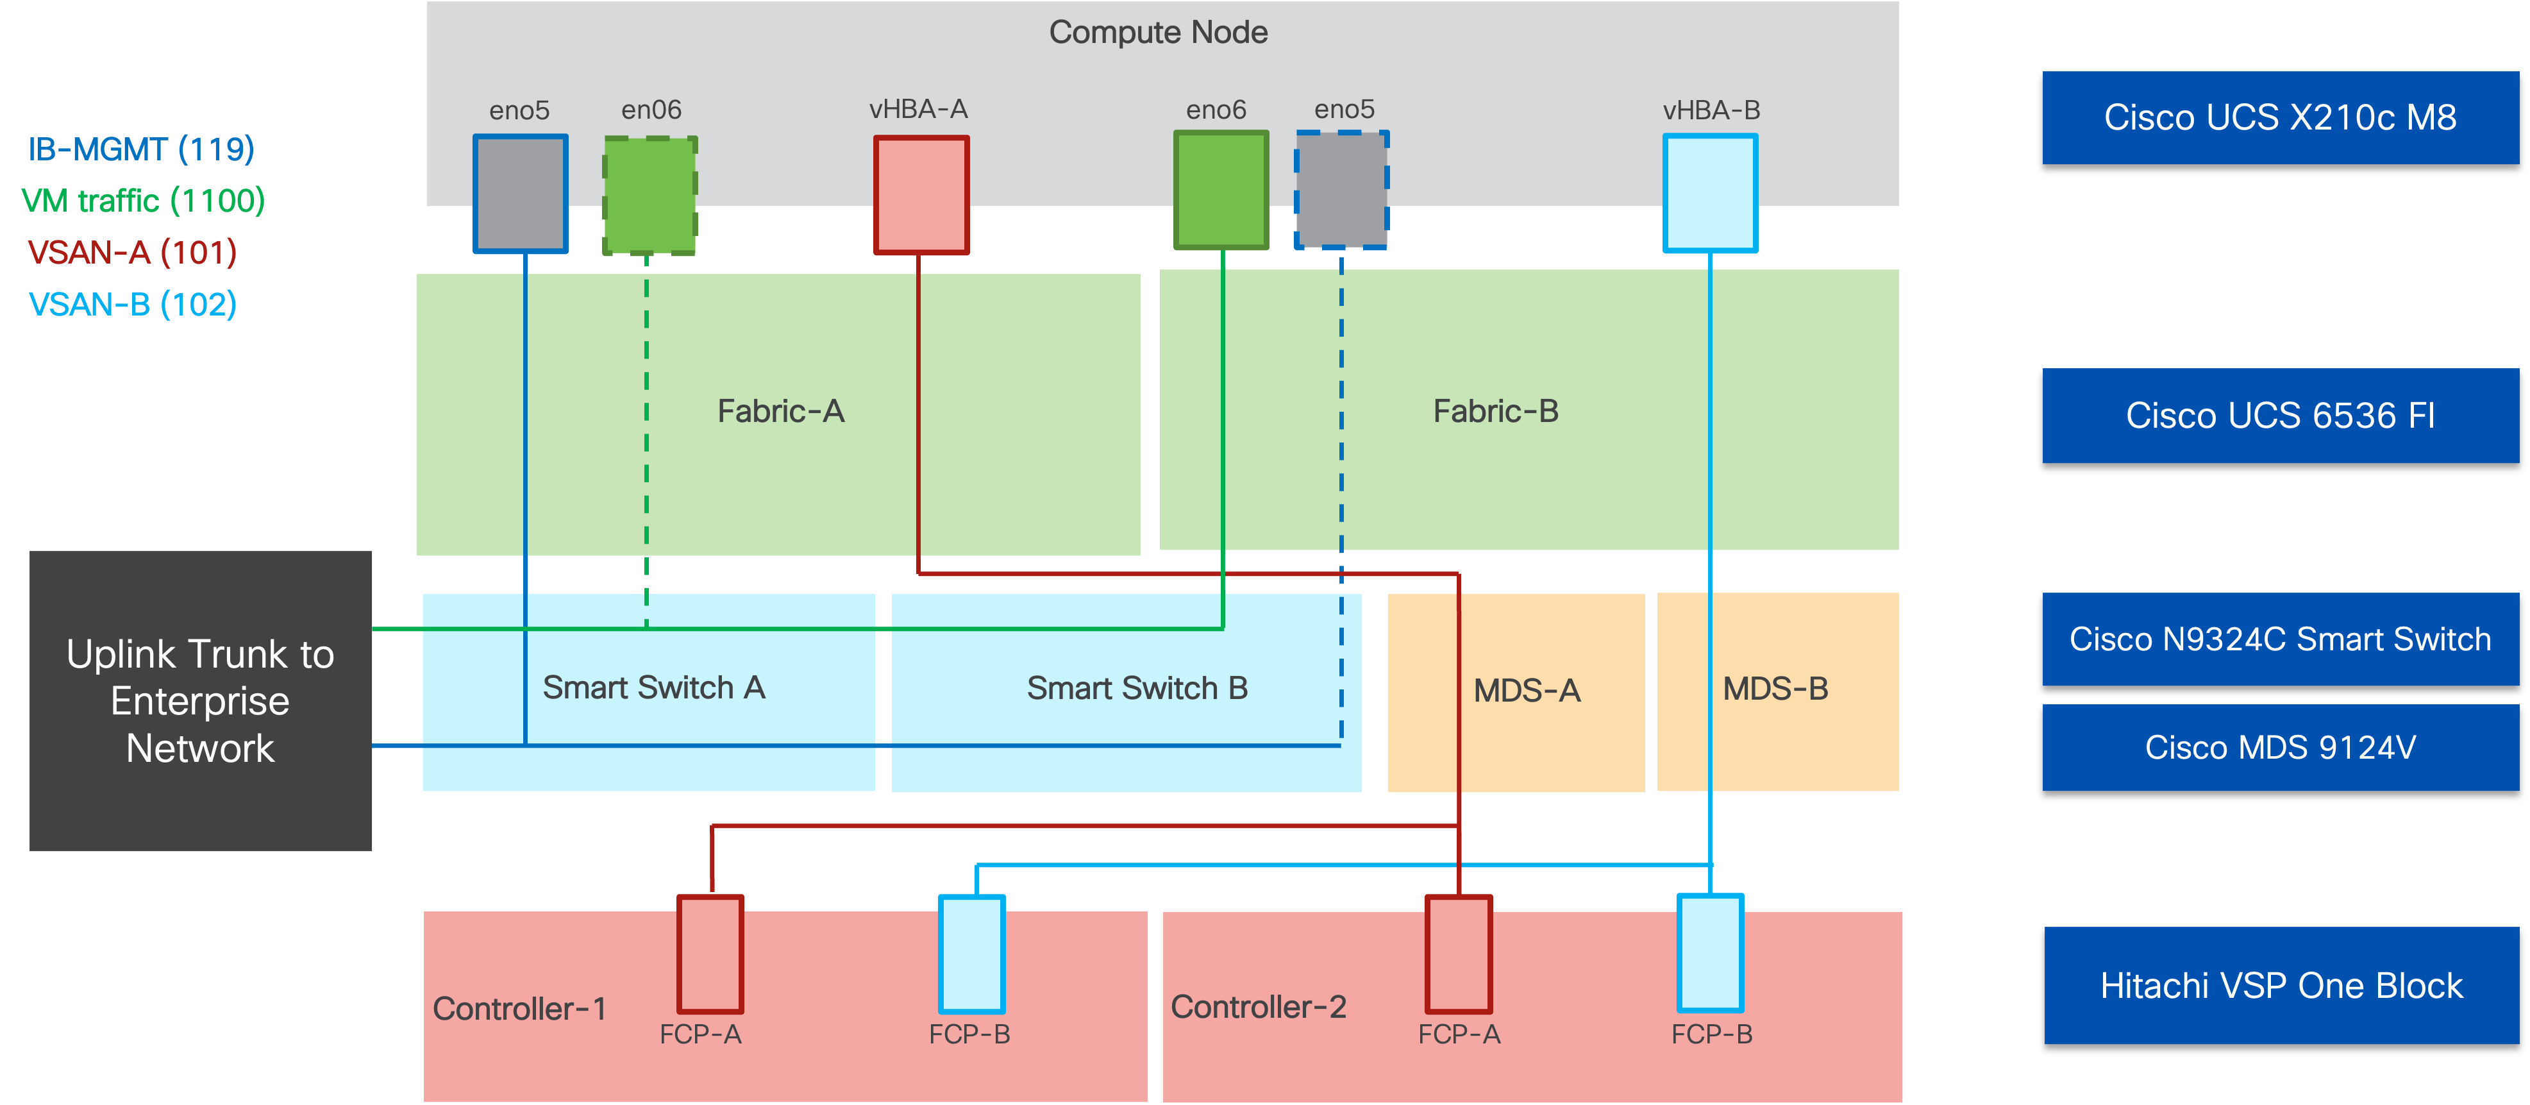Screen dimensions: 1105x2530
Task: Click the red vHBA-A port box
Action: click(x=921, y=194)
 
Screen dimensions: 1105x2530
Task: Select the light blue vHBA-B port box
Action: click(x=1710, y=194)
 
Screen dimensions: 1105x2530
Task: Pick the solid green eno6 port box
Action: click(x=1221, y=190)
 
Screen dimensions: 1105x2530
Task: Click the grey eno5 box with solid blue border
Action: click(x=521, y=194)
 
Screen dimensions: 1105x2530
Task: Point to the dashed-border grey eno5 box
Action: click(x=1341, y=190)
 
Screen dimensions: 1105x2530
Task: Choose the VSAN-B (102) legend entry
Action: click(x=133, y=305)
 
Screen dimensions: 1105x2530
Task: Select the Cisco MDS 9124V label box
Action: click(x=2279, y=748)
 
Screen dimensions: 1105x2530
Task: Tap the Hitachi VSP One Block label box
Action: click(x=2281, y=985)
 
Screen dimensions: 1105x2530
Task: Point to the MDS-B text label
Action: click(x=1775, y=689)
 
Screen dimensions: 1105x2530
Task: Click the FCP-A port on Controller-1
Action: click(x=710, y=954)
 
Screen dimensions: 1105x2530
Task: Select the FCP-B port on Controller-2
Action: click(x=1710, y=953)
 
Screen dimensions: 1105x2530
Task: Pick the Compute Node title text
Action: click(x=1158, y=33)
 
